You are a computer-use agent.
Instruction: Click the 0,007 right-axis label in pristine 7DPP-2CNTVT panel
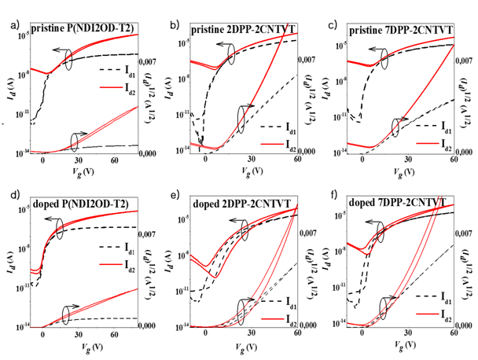coord(465,61)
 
